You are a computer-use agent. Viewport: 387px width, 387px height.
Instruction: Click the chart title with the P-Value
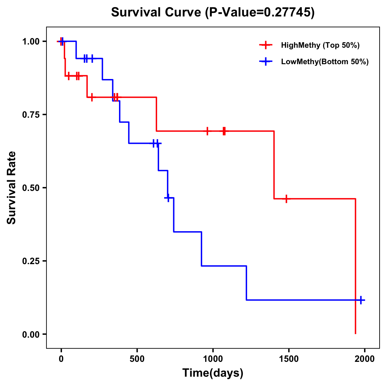click(x=213, y=13)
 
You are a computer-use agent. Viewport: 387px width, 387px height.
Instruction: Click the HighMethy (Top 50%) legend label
click(x=320, y=45)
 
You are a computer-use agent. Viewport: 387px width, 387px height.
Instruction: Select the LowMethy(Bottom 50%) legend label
click(x=325, y=62)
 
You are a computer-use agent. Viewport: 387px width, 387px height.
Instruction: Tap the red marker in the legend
click(x=265, y=45)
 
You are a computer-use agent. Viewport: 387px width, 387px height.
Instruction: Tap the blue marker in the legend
click(x=265, y=62)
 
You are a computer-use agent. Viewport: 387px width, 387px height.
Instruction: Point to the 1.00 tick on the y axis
click(x=31, y=42)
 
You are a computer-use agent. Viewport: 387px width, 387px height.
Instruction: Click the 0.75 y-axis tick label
click(x=31, y=115)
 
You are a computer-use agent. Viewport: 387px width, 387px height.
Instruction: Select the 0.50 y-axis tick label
click(x=31, y=188)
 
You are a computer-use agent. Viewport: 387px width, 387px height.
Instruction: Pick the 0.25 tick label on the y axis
click(x=31, y=261)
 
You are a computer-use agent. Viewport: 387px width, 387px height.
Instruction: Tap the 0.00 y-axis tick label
click(x=31, y=334)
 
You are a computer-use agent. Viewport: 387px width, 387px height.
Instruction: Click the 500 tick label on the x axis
click(x=137, y=359)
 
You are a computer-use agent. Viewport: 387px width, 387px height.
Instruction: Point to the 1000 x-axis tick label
click(x=213, y=359)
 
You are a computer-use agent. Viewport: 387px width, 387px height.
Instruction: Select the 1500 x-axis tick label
click(x=289, y=359)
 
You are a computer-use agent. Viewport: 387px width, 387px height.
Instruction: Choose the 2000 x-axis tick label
click(x=365, y=359)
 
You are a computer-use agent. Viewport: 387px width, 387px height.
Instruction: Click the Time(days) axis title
click(x=213, y=373)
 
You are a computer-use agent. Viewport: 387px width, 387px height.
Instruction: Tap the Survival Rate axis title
click(x=12, y=188)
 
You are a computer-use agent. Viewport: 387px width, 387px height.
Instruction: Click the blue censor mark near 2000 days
click(x=361, y=300)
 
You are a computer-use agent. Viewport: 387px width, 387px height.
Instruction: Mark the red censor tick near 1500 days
click(x=286, y=199)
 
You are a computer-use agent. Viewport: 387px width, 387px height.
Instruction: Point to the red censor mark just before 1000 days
click(x=207, y=131)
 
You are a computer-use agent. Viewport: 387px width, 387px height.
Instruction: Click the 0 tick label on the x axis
click(x=61, y=359)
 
